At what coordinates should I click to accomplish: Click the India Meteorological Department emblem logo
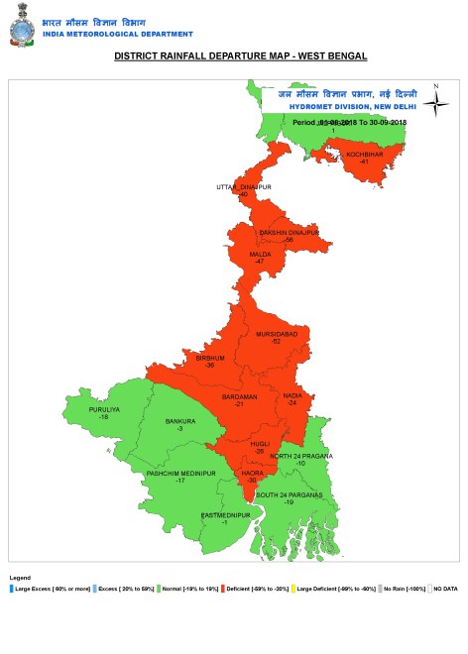click(x=20, y=29)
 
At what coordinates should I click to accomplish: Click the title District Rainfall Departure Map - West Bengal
click(x=241, y=56)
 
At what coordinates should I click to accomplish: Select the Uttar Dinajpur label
click(x=244, y=186)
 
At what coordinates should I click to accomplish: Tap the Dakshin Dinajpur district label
click(x=289, y=232)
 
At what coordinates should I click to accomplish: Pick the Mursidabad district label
click(x=277, y=335)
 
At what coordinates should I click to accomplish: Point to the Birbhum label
click(x=210, y=357)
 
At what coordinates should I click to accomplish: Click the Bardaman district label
click(x=239, y=396)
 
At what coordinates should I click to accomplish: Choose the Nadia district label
click(x=292, y=396)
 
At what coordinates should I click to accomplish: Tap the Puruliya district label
click(x=103, y=409)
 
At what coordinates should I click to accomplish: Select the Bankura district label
click(x=179, y=421)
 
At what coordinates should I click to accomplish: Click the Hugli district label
click(x=260, y=445)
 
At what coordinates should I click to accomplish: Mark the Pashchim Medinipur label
click(x=180, y=474)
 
